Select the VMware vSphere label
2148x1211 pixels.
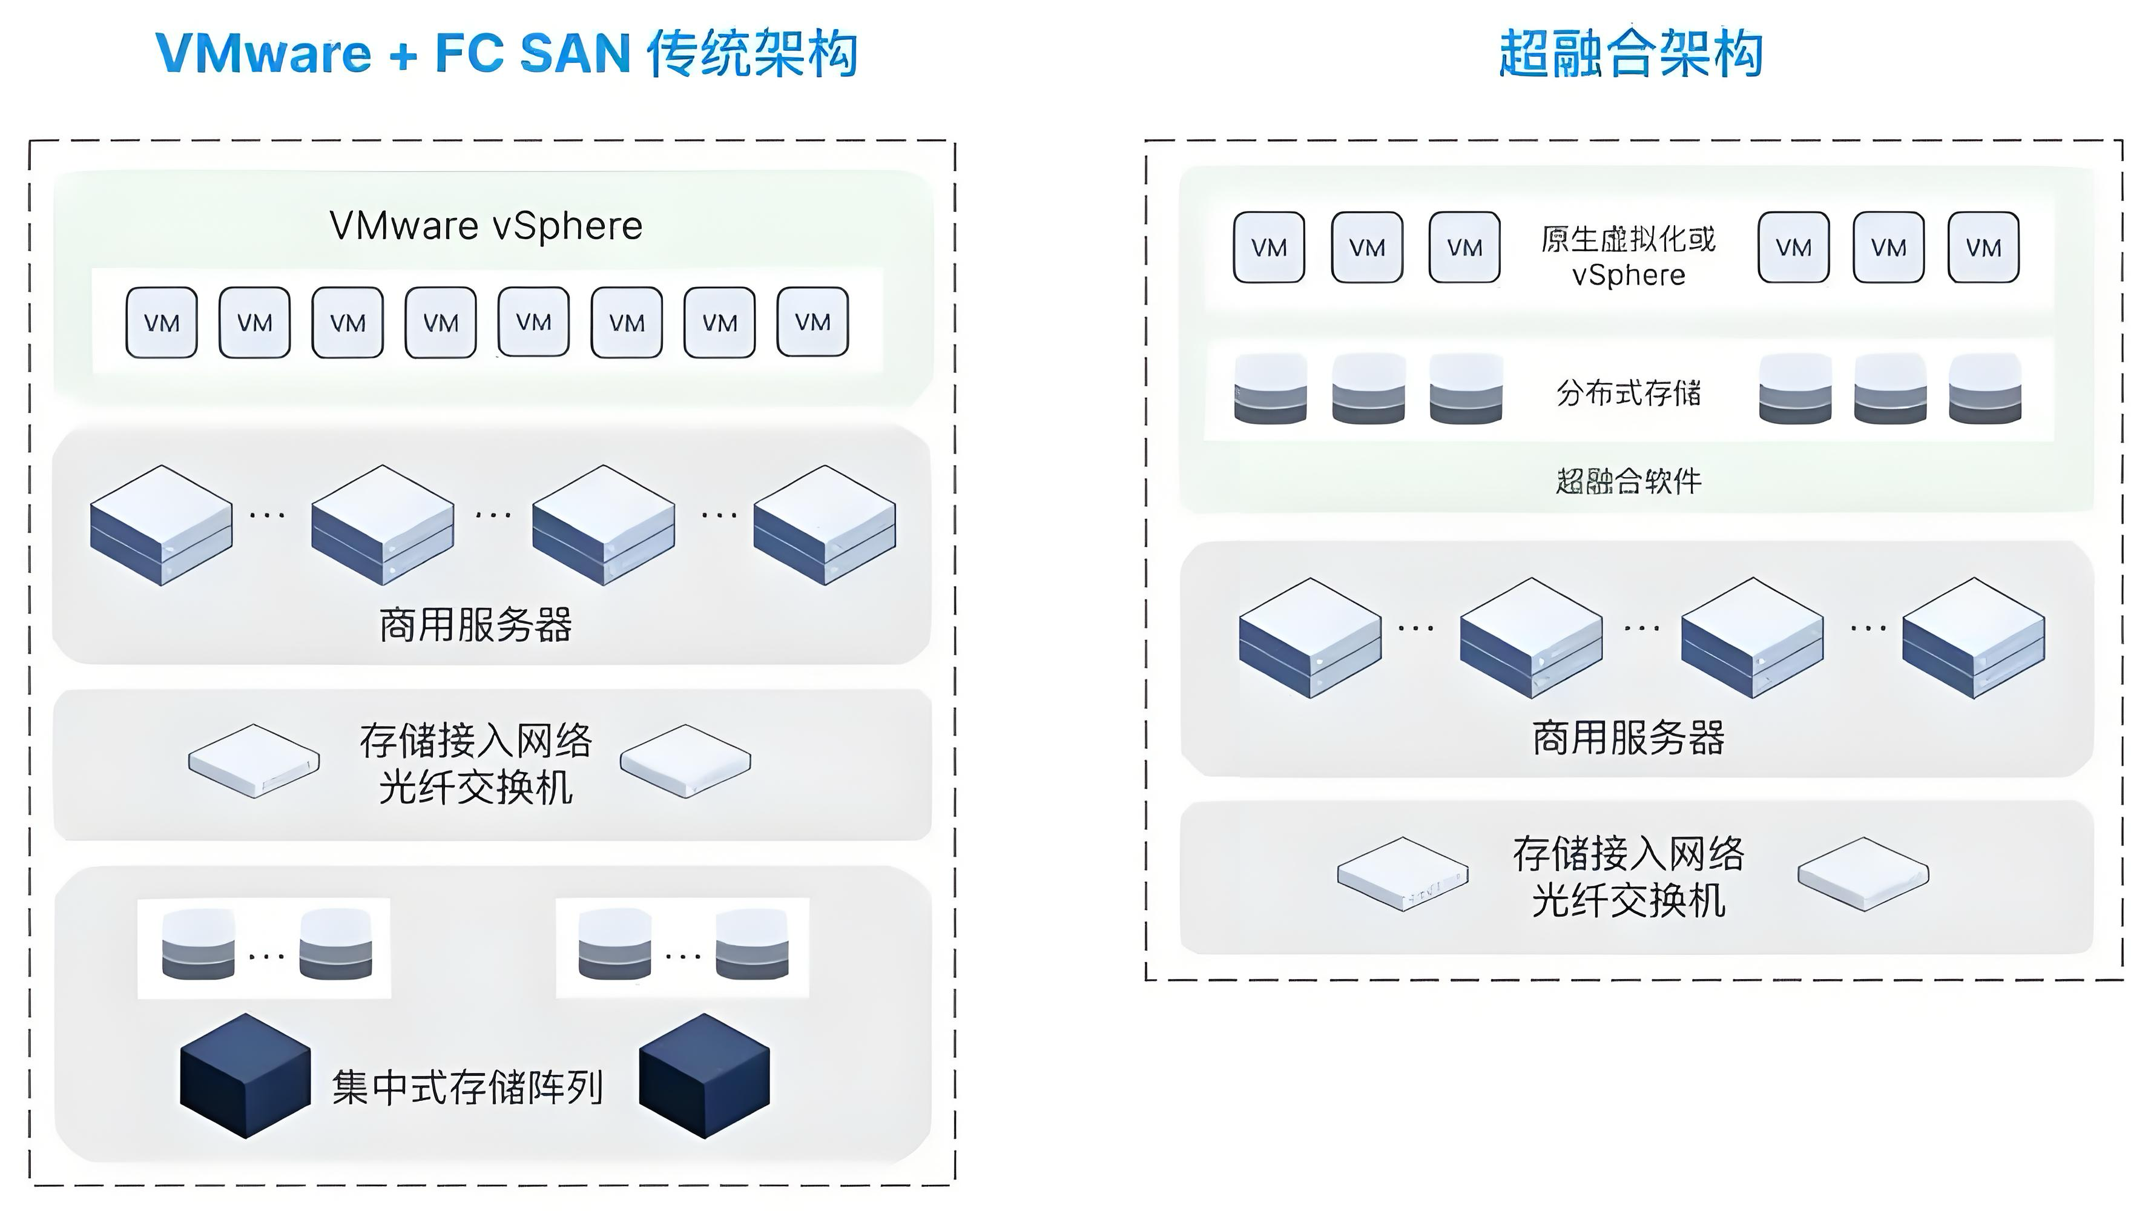tap(486, 226)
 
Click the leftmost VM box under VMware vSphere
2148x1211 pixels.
tap(161, 323)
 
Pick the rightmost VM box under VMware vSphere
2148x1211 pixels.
tap(812, 323)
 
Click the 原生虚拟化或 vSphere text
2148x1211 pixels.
tap(1628, 257)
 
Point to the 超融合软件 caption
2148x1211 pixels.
tap(1628, 481)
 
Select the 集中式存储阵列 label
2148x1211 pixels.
tap(467, 1087)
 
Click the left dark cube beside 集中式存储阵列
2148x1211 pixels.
tap(245, 1076)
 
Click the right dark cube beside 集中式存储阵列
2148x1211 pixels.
tap(705, 1076)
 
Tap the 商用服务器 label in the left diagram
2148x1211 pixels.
tap(475, 625)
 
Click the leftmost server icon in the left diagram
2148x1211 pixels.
tap(161, 526)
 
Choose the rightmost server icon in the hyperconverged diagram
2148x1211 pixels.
tap(1973, 638)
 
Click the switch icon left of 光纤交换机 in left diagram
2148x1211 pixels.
tap(254, 761)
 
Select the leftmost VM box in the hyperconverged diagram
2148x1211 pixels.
tap(1268, 248)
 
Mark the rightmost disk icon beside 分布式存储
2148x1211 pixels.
tap(1985, 389)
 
